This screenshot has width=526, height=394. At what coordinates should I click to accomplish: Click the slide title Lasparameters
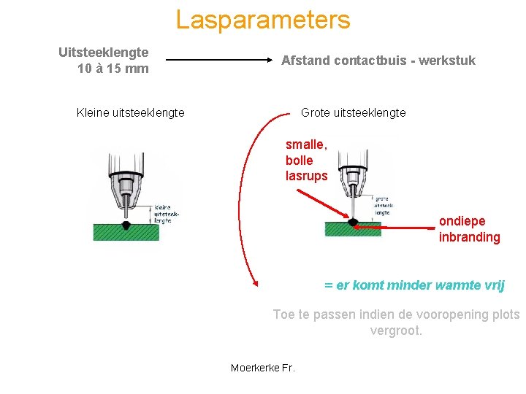tap(263, 20)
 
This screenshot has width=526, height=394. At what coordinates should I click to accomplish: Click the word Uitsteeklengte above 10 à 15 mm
tap(103, 53)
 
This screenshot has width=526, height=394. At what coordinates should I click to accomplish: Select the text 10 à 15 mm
tap(113, 69)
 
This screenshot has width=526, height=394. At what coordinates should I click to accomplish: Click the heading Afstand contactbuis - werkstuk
tap(378, 61)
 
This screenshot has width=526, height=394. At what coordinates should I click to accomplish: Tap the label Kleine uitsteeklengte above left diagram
tap(130, 112)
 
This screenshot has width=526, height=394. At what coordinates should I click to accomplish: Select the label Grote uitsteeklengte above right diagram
tap(353, 112)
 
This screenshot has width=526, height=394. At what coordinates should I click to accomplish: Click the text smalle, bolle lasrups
tap(306, 161)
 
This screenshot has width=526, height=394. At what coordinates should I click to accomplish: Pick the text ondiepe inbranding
tap(469, 229)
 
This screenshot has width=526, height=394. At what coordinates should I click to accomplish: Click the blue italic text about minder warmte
tap(414, 285)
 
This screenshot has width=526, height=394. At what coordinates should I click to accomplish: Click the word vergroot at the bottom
tap(396, 331)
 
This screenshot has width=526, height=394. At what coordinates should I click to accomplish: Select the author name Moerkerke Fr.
tap(262, 368)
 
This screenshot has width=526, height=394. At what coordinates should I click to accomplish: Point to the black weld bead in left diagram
tap(126, 225)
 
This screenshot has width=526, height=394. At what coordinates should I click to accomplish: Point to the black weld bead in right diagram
tap(354, 222)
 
